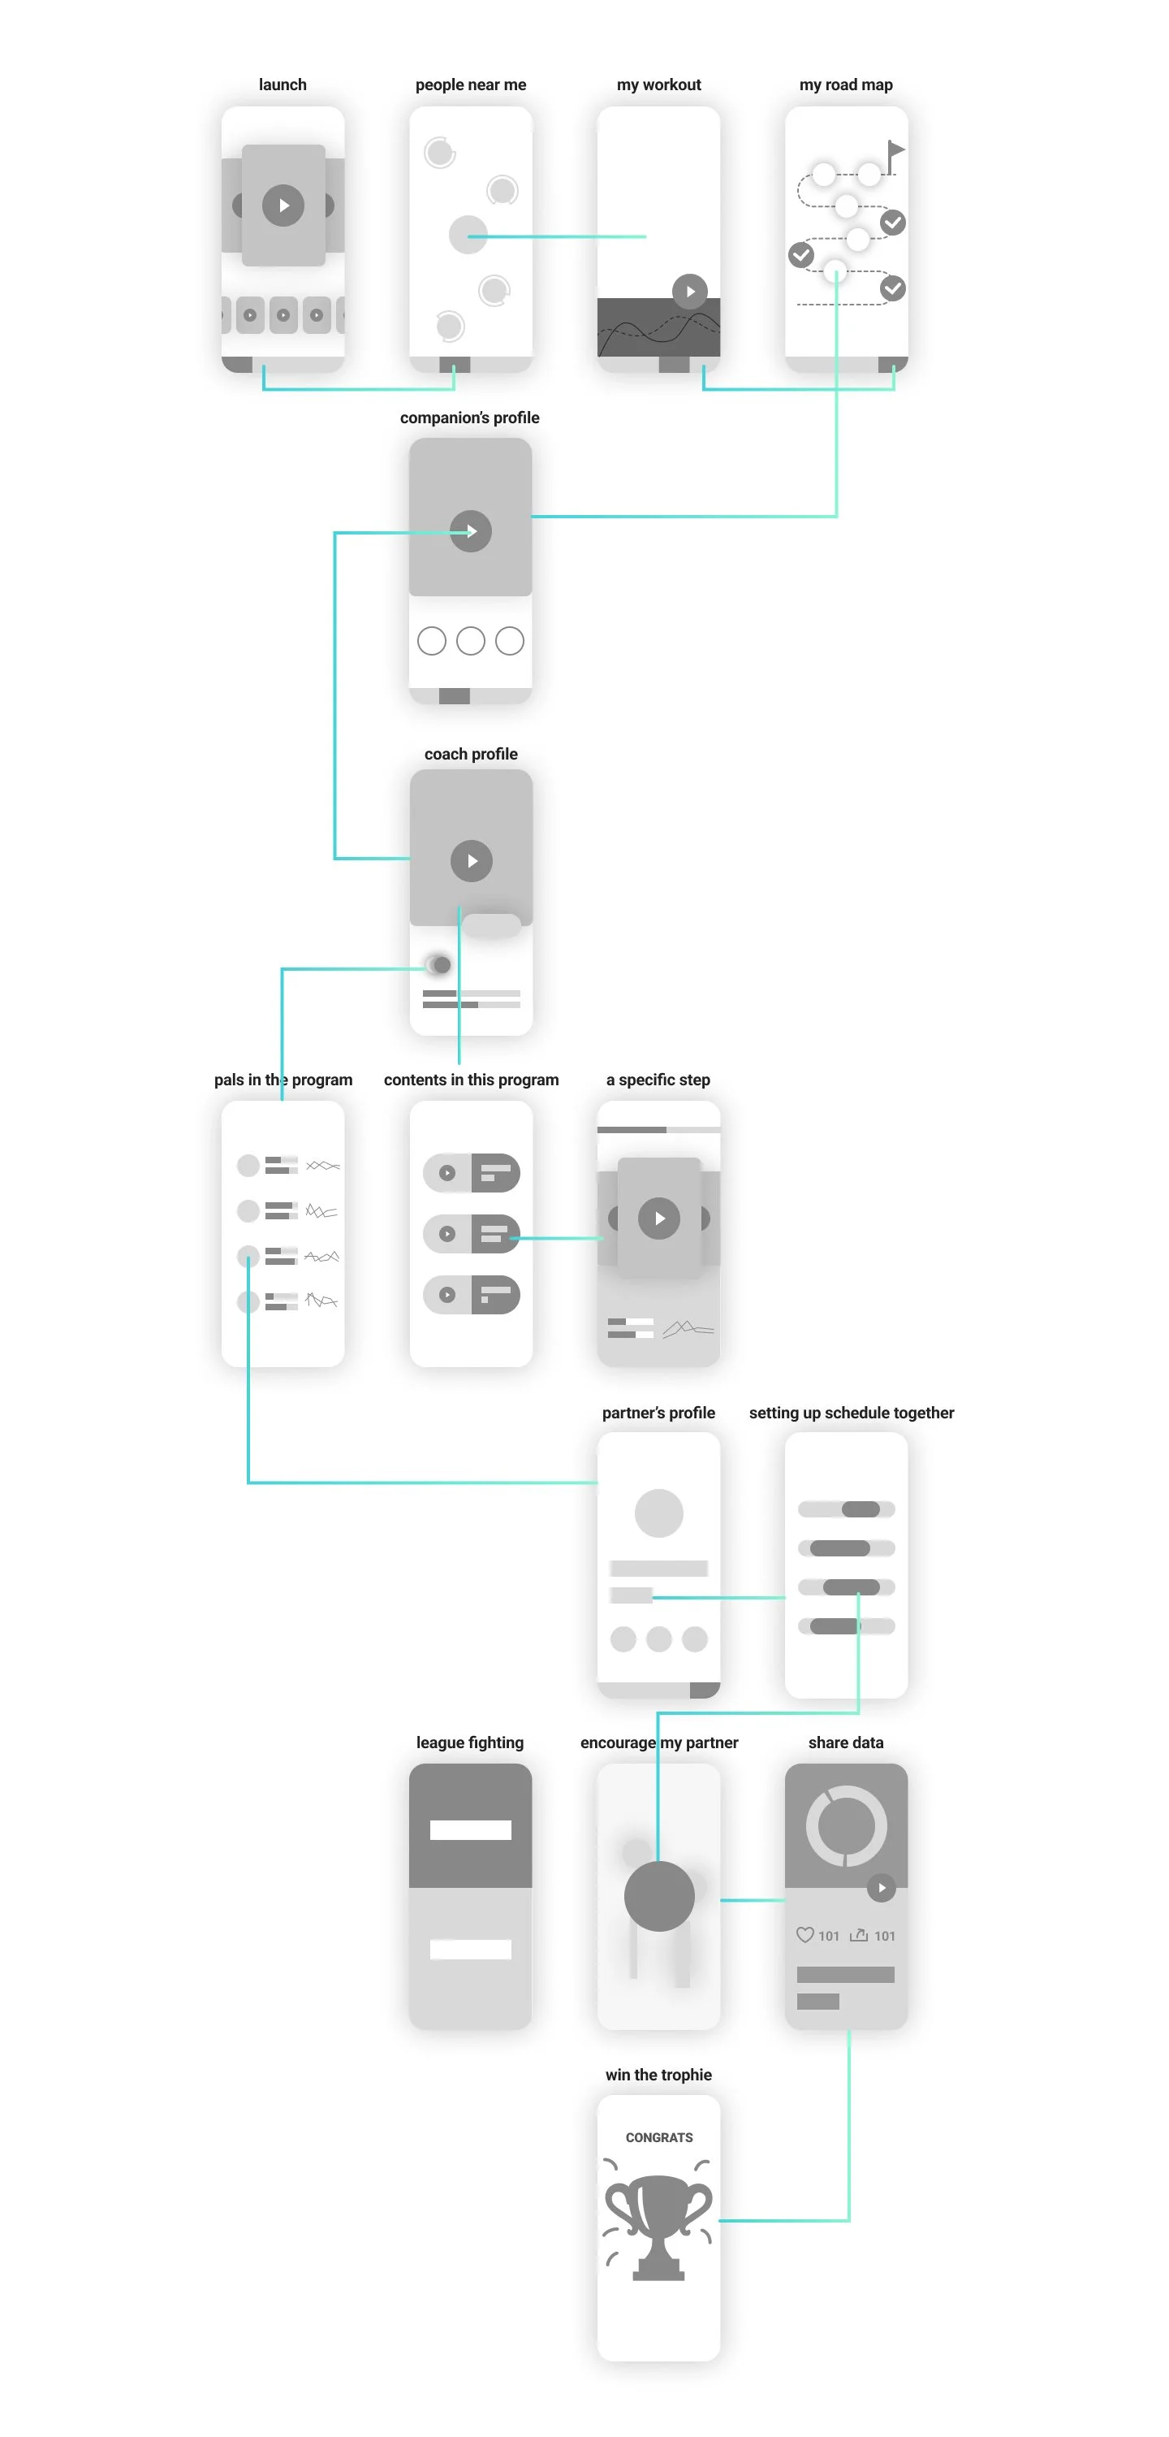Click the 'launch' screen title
283,85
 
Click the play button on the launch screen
283,206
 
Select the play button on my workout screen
689,292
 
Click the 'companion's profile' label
469,418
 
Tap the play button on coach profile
471,861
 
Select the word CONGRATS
659,2137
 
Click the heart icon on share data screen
804,1935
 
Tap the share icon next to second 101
859,1935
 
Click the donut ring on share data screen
846,1826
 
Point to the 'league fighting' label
469,1742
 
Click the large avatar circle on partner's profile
658,1513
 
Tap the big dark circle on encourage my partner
659,1896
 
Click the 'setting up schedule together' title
852,1413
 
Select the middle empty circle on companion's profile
470,642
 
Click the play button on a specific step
659,1218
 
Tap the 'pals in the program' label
283,1080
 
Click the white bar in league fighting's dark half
470,1829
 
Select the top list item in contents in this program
471,1173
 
